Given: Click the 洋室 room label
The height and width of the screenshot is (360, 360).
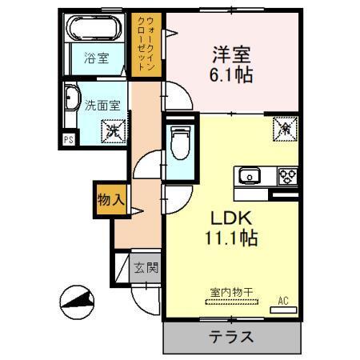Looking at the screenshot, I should coord(232,55).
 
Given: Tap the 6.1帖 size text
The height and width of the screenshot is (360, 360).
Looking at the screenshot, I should coord(232,76).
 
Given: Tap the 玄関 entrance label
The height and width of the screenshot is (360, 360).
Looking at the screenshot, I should coord(145,267).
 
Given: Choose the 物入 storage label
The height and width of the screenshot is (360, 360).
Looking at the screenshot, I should coord(110,202).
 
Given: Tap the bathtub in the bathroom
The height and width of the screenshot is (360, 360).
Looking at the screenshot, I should coord(95,30).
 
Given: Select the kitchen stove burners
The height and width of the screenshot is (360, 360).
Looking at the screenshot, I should coord(287,174).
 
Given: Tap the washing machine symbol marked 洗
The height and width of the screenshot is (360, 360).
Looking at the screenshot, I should coord(113,128).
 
